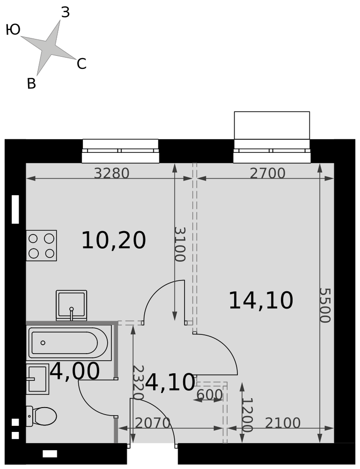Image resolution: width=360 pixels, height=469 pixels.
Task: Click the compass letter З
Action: [x=65, y=13]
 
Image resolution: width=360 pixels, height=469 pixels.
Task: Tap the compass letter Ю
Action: [x=13, y=30]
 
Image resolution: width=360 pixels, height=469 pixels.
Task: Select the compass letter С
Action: [x=82, y=64]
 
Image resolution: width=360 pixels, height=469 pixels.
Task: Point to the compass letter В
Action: [x=31, y=84]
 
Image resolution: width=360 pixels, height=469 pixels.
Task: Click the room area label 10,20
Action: [x=113, y=240]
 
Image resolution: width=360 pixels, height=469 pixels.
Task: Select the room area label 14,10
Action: [x=261, y=301]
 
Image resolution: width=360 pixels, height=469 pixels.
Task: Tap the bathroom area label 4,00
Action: [x=75, y=371]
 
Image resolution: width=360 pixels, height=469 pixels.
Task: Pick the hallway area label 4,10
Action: [x=170, y=382]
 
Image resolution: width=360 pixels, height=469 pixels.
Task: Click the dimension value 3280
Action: [x=112, y=174]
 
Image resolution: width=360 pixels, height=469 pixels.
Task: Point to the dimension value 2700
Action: [x=268, y=174]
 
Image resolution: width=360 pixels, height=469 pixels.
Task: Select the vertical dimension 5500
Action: [x=325, y=305]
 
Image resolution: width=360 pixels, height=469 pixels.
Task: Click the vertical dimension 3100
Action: [x=180, y=245]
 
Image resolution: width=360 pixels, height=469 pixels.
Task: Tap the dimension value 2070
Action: [x=153, y=423]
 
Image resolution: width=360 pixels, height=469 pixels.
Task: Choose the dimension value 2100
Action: [x=283, y=423]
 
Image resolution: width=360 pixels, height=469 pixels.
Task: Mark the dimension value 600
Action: [x=210, y=395]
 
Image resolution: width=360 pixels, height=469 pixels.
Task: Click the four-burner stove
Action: [x=41, y=246]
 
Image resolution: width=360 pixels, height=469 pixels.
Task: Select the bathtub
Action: [x=69, y=343]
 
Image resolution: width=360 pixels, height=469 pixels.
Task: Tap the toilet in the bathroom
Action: [x=41, y=416]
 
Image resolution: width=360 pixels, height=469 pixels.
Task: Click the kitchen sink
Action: [x=71, y=305]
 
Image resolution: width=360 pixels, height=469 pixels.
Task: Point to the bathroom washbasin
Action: [x=37, y=379]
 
